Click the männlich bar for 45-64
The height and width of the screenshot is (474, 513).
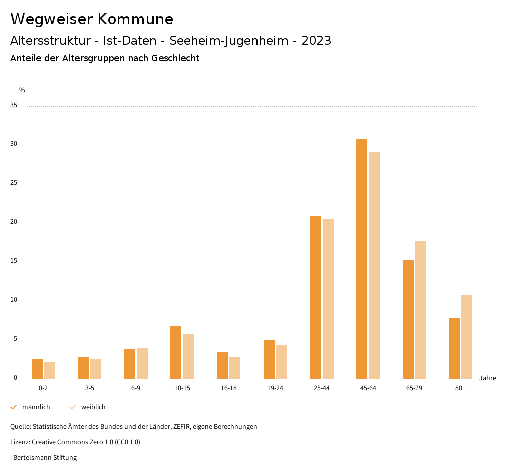(x=362, y=259)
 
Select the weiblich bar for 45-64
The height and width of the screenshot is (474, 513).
(x=374, y=265)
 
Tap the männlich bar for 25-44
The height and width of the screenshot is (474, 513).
(x=315, y=297)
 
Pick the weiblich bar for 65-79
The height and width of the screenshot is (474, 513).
(x=421, y=310)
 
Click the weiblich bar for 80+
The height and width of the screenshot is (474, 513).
(x=467, y=337)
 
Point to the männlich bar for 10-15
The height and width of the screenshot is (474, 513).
(x=176, y=352)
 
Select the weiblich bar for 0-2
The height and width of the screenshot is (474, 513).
(x=50, y=370)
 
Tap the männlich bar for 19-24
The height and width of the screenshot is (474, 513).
(x=269, y=359)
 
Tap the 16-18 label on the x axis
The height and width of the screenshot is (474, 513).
(x=229, y=388)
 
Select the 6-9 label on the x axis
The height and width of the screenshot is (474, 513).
(x=136, y=388)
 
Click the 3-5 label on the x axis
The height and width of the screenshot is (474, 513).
(x=90, y=388)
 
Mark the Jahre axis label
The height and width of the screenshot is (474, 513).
(x=487, y=378)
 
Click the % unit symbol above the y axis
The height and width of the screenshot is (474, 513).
(x=22, y=90)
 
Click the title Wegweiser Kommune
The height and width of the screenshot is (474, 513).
(x=92, y=19)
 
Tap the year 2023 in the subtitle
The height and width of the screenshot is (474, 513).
(x=316, y=41)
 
